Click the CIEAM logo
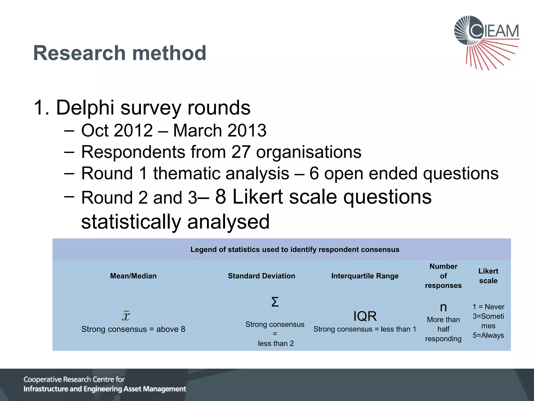[x=486, y=42]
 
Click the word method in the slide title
[x=169, y=53]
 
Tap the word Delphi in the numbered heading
[x=85, y=108]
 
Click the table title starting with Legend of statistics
[x=295, y=250]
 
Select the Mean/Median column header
[x=133, y=276]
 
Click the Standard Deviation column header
[x=261, y=276]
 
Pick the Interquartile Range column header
[x=365, y=276]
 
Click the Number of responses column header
[x=443, y=276]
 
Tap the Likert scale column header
[x=488, y=276]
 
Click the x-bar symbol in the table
[x=126, y=316]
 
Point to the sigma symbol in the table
[x=275, y=302]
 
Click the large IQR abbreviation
[x=365, y=316]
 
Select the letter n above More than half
[x=443, y=307]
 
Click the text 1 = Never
[x=488, y=307]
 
